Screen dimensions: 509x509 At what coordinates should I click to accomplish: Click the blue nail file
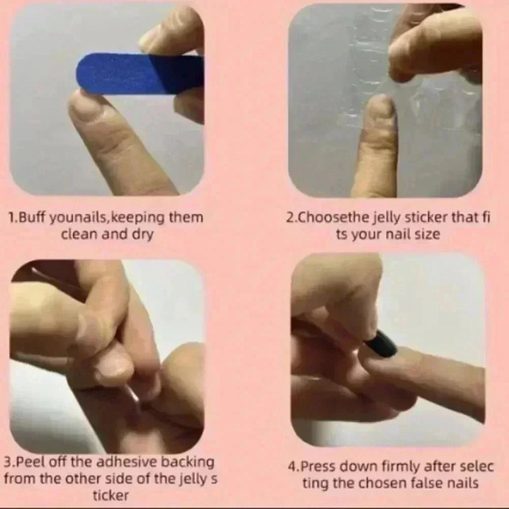point(140,74)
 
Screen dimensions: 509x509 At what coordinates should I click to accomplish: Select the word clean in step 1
point(80,233)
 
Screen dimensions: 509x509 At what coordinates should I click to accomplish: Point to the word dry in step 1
point(142,234)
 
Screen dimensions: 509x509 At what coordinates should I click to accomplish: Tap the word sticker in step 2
point(427,217)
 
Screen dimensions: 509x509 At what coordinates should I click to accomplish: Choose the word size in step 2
point(428,234)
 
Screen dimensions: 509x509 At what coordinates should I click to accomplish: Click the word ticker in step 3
point(111,496)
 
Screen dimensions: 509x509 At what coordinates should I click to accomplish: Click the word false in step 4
point(427,483)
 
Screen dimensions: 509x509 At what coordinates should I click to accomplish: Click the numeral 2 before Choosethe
point(290,218)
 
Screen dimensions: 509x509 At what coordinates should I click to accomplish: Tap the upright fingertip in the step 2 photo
point(380,111)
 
